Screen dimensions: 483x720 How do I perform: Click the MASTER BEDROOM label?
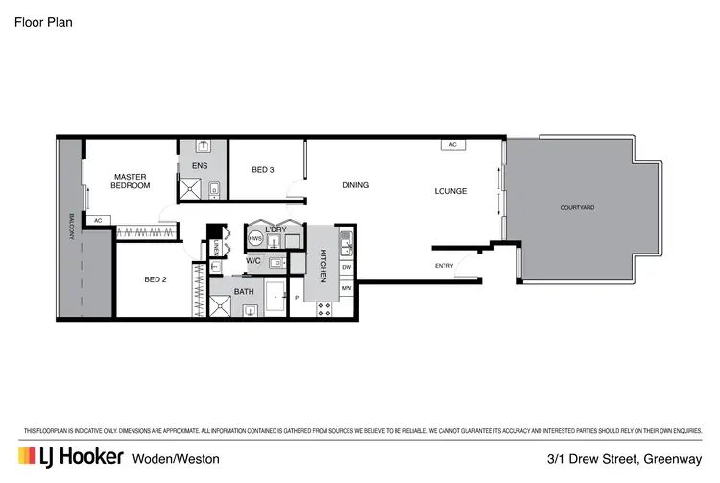130,181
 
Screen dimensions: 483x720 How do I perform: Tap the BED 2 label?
156,279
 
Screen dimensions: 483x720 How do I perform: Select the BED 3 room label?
263,170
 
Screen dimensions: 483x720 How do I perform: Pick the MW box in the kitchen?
347,287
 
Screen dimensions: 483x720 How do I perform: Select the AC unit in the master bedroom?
98,220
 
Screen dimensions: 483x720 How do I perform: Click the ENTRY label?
444,266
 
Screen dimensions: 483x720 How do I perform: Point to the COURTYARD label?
577,207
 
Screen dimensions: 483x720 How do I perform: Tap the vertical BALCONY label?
71,228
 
